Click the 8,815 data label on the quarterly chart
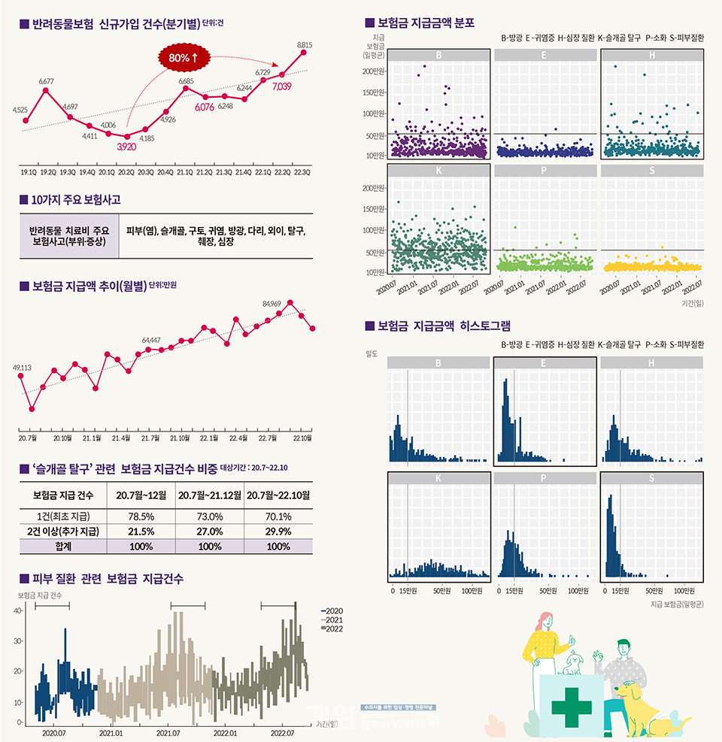[x=305, y=45]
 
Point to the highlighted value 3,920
[x=126, y=147]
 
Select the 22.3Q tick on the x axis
[x=302, y=171]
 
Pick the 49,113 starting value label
[x=22, y=368]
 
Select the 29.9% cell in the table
[x=279, y=531]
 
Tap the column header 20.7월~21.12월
[x=210, y=495]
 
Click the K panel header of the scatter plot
[x=438, y=171]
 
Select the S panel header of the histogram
[x=651, y=479]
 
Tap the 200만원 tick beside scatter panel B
[x=374, y=71]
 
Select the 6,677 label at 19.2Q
[x=47, y=80]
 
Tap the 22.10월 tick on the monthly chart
[x=303, y=438]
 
